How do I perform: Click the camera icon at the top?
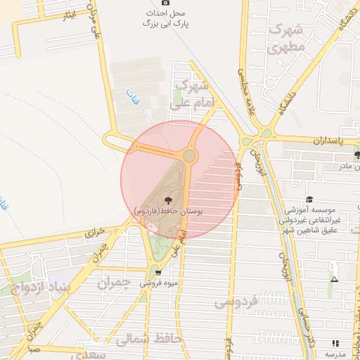point(166,3)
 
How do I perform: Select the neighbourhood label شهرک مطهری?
point(285,39)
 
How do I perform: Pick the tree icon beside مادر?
point(358,155)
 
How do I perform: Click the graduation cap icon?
point(310,200)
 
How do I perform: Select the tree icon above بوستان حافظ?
point(168,200)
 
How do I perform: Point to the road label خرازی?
point(95,231)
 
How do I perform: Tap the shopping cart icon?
point(158,272)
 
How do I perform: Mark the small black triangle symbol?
point(334,279)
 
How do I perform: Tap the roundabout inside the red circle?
point(189,156)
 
